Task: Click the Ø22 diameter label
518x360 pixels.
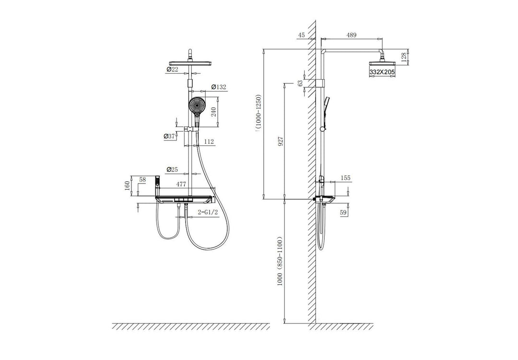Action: tap(173, 69)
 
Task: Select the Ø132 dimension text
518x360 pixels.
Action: tap(218, 87)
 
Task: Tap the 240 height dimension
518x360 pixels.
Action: tap(214, 112)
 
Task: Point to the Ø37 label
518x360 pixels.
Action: tap(169, 136)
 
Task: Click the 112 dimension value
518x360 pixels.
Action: tap(209, 142)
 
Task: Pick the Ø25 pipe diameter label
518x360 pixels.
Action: tap(173, 169)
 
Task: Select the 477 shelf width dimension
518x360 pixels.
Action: tap(181, 184)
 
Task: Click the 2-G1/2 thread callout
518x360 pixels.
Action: tap(208, 212)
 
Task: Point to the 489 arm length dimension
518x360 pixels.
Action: tap(351, 35)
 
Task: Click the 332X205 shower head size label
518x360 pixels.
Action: tap(382, 72)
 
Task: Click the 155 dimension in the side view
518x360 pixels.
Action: tap(345, 178)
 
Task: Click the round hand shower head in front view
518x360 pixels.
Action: tap(197, 105)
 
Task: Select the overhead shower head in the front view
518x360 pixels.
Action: tap(190, 63)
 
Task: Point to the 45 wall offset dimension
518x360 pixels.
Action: tap(301, 35)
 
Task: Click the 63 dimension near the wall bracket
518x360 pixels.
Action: tap(301, 83)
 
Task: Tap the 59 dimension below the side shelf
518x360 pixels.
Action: tap(343, 213)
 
